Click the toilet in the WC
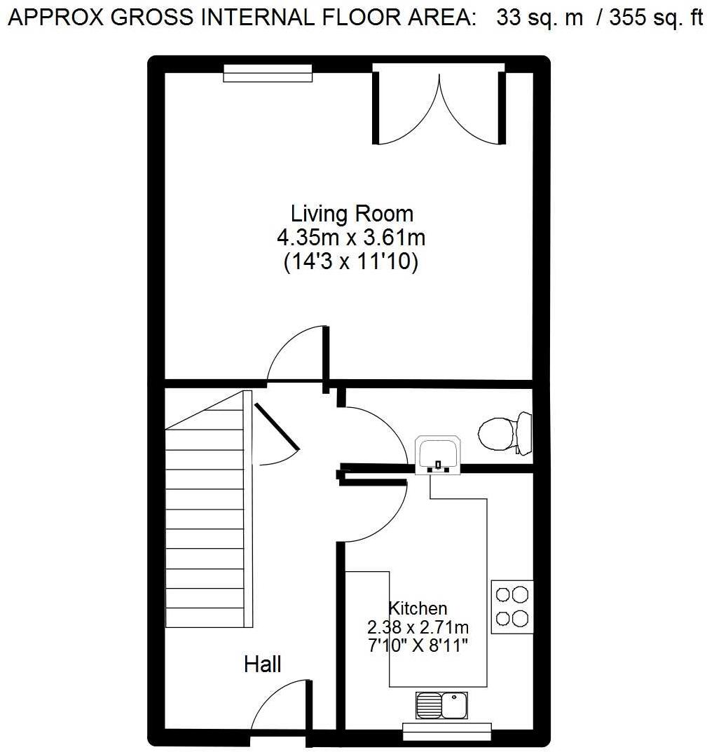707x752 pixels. tap(503, 435)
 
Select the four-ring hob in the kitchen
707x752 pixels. tap(512, 607)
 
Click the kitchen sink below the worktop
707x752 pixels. tap(441, 705)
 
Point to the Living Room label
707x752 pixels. tap(352, 213)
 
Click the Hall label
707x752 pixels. tap(262, 664)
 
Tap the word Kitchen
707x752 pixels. tap(418, 608)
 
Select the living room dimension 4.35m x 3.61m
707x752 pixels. tap(351, 238)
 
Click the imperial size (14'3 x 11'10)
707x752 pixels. tap(351, 262)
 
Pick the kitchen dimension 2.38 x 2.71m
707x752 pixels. tap(418, 627)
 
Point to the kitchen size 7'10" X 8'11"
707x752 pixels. tap(418, 645)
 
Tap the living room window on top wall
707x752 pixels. tap(268, 73)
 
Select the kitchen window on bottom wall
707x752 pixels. tap(446, 732)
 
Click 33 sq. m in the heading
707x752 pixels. tap(540, 18)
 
